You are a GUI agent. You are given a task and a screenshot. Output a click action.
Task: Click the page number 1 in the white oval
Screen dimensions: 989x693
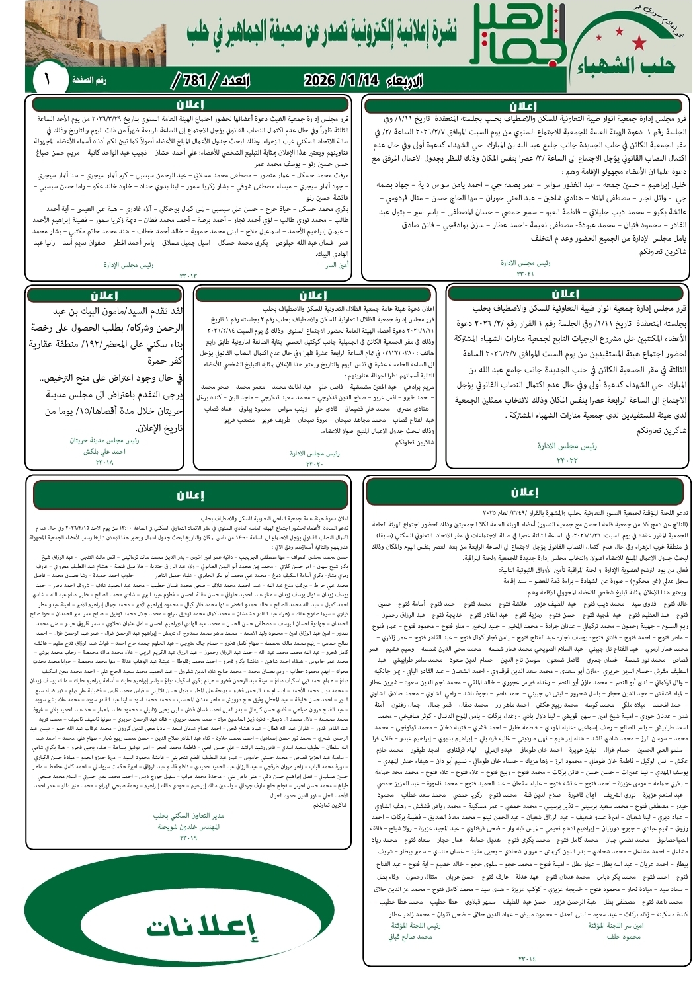pyautogui.click(x=47, y=80)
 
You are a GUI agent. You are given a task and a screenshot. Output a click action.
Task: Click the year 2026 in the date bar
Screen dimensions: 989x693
pyautogui.click(x=319, y=81)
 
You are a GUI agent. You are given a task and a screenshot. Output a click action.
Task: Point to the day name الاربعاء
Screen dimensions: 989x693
pyautogui.click(x=403, y=81)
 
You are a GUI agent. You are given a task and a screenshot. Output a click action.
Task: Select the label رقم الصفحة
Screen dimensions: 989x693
pyautogui.click(x=89, y=80)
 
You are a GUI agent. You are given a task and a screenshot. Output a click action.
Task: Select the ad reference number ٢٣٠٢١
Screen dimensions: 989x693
pyautogui.click(x=525, y=273)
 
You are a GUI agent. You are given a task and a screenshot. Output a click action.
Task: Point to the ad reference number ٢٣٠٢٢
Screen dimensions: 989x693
pyautogui.click(x=567, y=460)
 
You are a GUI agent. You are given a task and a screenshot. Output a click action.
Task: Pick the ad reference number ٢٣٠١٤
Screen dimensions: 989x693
pyautogui.click(x=526, y=958)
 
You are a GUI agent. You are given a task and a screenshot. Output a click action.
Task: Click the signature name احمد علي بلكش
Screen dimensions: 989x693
pyautogui.click(x=104, y=452)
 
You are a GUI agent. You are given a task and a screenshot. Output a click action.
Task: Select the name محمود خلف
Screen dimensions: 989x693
pyautogui.click(x=624, y=936)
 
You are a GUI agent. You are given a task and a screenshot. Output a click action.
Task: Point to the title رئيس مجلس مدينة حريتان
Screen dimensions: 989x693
pyautogui.click(x=104, y=440)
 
